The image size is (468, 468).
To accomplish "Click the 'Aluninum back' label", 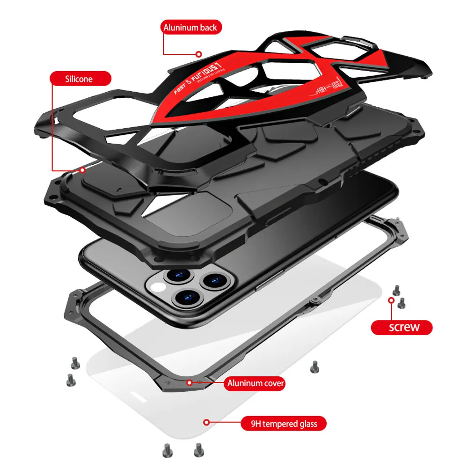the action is [190, 28].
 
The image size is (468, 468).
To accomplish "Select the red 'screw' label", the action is [402, 327].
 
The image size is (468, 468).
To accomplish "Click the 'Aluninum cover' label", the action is [256, 384].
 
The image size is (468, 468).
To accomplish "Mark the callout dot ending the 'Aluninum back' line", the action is [199, 54].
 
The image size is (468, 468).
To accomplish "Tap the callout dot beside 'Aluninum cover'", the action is [190, 382].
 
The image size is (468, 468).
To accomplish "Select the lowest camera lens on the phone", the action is [186, 296].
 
